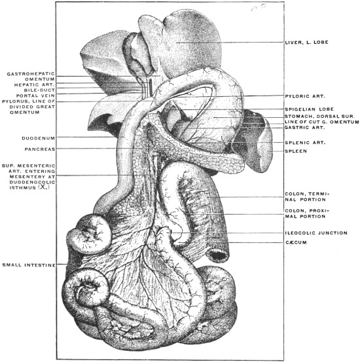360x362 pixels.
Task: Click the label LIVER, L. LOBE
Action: click(306, 43)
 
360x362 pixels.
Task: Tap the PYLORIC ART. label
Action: click(305, 96)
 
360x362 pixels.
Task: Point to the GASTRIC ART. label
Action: click(305, 128)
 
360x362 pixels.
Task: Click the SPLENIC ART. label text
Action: click(305, 143)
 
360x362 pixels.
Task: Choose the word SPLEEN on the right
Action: click(296, 151)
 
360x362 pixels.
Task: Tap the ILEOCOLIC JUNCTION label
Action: click(316, 233)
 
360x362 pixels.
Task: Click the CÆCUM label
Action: click(296, 242)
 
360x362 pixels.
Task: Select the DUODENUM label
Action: click(39, 138)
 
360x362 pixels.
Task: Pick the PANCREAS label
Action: click(40, 149)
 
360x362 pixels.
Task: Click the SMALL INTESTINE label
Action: click(29, 265)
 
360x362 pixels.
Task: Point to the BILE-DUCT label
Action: click(39, 90)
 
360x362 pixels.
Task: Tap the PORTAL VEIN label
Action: click(35, 96)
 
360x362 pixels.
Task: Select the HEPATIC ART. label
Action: click(35, 84)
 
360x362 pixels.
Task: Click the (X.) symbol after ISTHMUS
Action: click(44, 187)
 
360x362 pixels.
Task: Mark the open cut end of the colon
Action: click(217, 255)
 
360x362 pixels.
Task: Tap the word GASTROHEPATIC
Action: click(31, 74)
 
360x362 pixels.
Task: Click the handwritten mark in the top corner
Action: click(259, 8)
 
